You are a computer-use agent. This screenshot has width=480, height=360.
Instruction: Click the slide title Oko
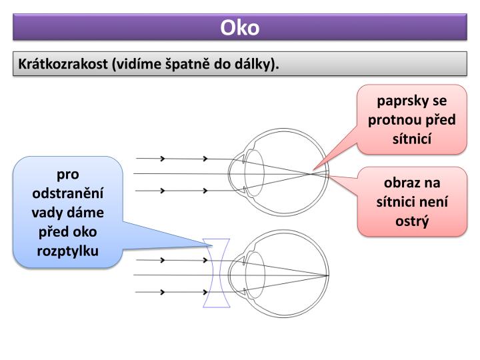[240, 29]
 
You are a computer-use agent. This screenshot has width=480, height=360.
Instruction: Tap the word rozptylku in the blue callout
[68, 251]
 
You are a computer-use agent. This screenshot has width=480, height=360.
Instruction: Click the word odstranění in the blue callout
[68, 193]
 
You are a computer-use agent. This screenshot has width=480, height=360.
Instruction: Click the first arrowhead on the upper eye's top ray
[162, 159]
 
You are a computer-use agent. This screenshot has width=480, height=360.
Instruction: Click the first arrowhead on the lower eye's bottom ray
[162, 291]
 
